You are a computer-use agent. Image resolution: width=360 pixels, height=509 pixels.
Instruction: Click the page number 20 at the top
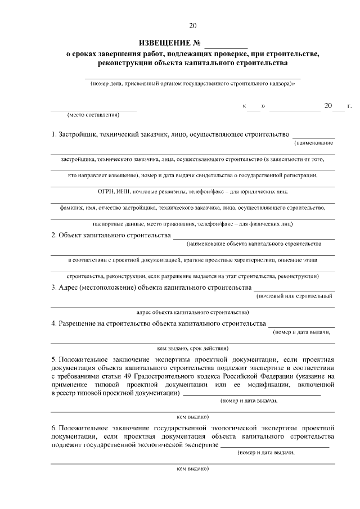point(193,25)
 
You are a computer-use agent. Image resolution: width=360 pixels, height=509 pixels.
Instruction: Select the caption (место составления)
point(93,115)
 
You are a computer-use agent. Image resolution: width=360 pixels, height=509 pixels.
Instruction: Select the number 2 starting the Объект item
point(53,235)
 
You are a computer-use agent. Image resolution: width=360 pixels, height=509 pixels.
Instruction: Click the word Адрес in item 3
point(70,287)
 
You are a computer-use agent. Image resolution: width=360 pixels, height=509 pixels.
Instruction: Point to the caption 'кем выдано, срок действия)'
point(193,348)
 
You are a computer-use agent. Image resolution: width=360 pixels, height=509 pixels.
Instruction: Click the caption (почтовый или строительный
point(294,295)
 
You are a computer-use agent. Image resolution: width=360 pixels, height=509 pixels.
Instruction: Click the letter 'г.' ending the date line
point(349,105)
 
